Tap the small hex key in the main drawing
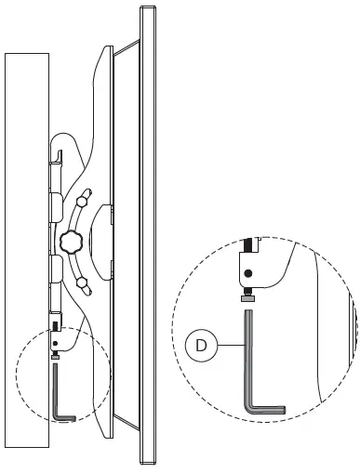click(57, 390)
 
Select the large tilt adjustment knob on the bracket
click(71, 243)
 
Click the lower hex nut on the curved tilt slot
click(82, 282)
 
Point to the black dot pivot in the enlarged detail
click(248, 274)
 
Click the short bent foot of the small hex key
click(65, 418)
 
